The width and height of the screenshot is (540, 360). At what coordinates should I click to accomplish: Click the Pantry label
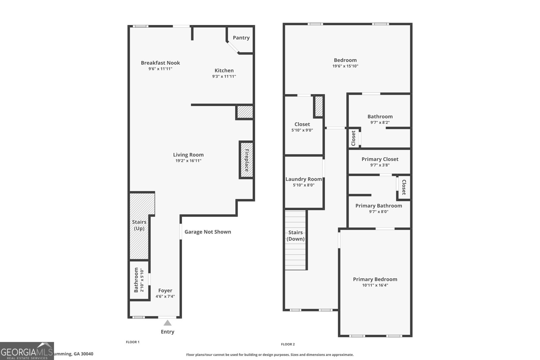(241, 38)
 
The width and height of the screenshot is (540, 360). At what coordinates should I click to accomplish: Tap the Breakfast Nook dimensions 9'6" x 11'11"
(160, 69)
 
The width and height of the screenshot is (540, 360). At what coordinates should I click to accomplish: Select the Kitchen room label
(224, 71)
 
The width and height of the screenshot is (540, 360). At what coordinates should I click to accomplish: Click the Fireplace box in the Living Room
(246, 160)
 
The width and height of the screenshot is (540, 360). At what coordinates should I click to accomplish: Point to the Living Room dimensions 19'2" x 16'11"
(188, 161)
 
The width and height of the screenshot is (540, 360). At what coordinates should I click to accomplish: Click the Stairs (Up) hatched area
(139, 225)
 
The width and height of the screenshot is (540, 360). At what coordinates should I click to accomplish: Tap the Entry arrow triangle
(167, 323)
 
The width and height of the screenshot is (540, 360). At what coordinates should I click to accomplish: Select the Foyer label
(165, 290)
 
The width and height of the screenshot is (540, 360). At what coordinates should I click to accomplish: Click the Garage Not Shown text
(208, 232)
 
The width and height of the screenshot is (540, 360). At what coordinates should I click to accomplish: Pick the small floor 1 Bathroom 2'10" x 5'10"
(139, 280)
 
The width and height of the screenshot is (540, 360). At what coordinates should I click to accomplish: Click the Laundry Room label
(303, 179)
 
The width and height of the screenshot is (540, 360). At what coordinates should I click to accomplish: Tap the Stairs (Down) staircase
(296, 240)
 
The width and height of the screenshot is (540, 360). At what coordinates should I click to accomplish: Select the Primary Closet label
(380, 159)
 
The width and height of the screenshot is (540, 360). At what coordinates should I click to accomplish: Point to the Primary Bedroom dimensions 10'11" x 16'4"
(375, 285)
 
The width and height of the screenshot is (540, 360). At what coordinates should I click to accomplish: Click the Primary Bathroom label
(378, 206)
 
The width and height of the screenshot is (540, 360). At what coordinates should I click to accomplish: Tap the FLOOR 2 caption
(288, 344)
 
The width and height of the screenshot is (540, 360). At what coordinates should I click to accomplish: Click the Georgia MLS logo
(27, 351)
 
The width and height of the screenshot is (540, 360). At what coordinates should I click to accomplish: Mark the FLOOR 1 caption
(133, 342)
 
